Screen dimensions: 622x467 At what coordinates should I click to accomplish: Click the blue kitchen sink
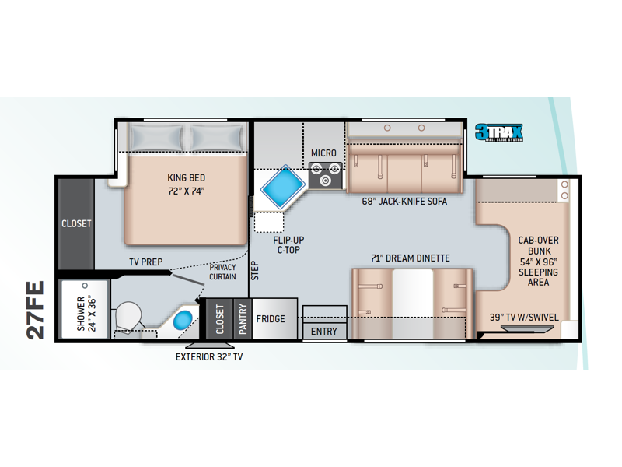[283, 187]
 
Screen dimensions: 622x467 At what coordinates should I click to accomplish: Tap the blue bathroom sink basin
[183, 319]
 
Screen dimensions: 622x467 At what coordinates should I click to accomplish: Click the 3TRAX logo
[499, 132]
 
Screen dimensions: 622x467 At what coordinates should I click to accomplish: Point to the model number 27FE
[35, 310]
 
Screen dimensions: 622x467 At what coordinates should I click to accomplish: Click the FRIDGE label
[271, 319]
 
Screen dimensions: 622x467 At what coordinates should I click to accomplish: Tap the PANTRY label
[243, 319]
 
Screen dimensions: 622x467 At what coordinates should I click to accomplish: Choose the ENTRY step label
[323, 332]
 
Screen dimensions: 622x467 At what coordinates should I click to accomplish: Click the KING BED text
[186, 177]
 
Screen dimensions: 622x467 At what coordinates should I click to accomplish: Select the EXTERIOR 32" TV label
[209, 357]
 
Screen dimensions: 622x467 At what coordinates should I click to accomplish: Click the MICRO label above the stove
[323, 153]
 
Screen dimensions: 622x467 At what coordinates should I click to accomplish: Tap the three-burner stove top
[325, 175]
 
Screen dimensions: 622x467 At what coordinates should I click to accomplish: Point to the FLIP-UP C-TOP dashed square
[269, 223]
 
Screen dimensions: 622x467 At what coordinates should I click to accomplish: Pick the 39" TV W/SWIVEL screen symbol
[527, 328]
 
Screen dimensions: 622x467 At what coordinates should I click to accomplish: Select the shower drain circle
[85, 286]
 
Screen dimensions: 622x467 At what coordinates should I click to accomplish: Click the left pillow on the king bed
[157, 138]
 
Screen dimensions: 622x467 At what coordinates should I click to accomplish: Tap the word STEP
[255, 270]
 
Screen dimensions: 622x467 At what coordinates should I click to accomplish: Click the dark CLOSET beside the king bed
[76, 224]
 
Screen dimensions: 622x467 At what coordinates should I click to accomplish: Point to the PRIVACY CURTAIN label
[222, 272]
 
